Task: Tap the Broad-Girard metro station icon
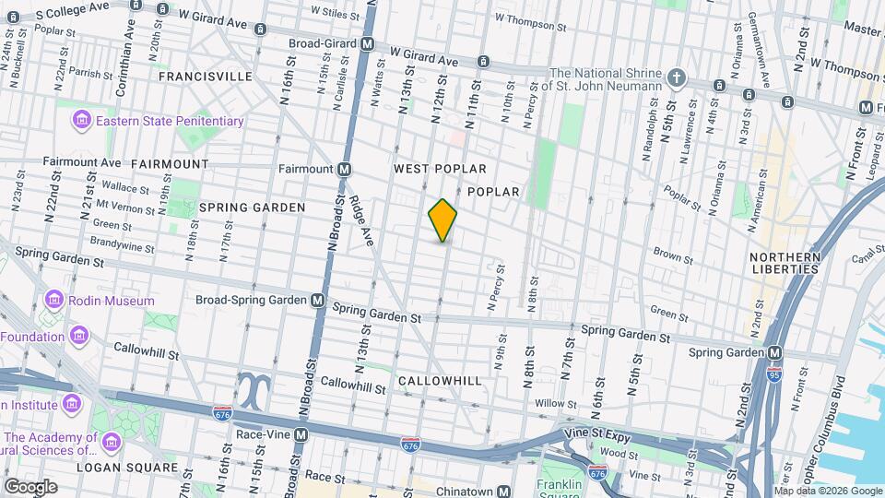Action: click(367, 43)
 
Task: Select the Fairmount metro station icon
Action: click(343, 169)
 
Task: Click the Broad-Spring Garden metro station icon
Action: click(317, 300)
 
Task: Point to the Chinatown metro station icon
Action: click(505, 490)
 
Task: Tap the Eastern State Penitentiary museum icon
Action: click(81, 121)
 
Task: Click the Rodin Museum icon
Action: click(54, 301)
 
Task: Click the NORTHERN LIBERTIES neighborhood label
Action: click(784, 263)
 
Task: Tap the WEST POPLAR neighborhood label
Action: click(440, 169)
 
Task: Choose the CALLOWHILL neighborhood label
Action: click(440, 380)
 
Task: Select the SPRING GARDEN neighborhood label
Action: click(252, 207)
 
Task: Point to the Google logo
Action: click(30, 487)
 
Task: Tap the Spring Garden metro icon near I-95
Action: click(775, 352)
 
